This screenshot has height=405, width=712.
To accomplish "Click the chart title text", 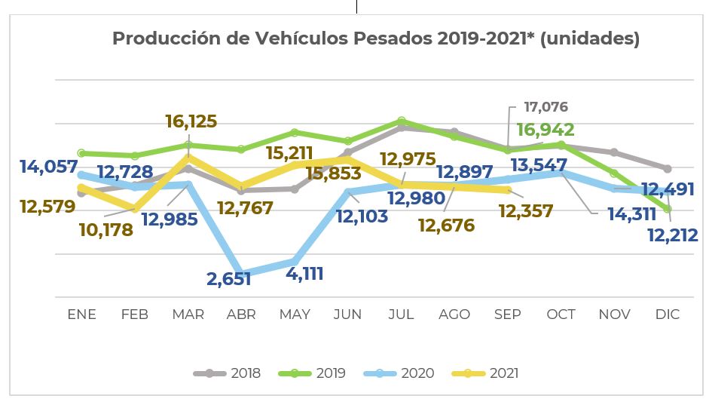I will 375,38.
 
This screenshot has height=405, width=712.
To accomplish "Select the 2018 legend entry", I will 228,373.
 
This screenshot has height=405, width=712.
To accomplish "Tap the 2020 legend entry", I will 399,373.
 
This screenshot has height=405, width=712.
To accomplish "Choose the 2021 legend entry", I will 485,373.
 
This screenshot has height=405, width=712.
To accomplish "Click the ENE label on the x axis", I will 81,314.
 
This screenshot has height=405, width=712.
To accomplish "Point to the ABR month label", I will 241,314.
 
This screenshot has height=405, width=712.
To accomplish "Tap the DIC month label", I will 667,314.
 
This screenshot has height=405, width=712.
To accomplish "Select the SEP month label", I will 507,314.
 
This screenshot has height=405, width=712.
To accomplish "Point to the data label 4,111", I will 304,273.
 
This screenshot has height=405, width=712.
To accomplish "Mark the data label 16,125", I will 191,121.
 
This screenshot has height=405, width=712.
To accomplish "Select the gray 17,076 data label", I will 539,107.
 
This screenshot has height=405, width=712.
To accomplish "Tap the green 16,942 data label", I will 545,130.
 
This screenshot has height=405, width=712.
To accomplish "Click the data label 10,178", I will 105,229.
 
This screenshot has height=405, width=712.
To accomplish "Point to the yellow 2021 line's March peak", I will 188,157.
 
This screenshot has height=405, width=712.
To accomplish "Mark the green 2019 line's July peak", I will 402,121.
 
